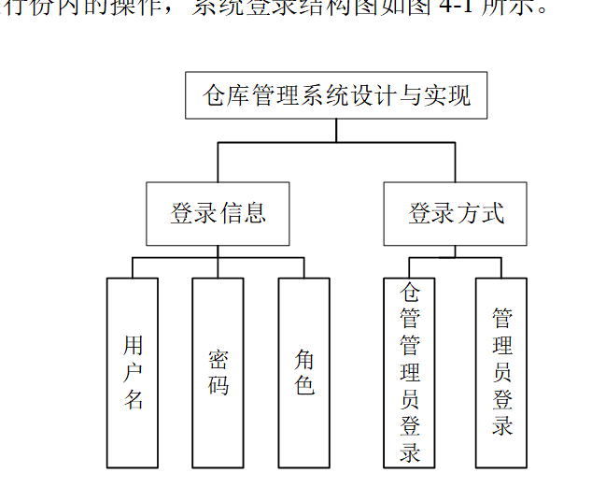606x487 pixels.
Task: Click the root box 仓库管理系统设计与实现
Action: [x=336, y=95]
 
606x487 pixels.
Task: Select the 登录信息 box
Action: [x=218, y=213]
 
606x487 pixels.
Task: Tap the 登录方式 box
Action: [x=455, y=213]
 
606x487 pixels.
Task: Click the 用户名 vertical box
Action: [x=133, y=372]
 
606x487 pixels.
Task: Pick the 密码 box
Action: [x=218, y=372]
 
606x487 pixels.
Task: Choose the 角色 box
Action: [x=303, y=372]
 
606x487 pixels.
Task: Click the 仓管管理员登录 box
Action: [x=409, y=372]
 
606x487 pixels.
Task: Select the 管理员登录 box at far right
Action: [x=501, y=372]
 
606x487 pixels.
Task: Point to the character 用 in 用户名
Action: [x=134, y=346]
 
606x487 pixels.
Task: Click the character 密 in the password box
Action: [x=218, y=360]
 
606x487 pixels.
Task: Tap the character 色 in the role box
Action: [x=304, y=385]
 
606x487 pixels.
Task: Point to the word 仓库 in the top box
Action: [x=227, y=95]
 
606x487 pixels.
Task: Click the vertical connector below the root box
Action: [x=336, y=130]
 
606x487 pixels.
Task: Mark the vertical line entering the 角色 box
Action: [x=303, y=268]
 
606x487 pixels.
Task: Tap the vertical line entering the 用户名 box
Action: [x=133, y=268]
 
